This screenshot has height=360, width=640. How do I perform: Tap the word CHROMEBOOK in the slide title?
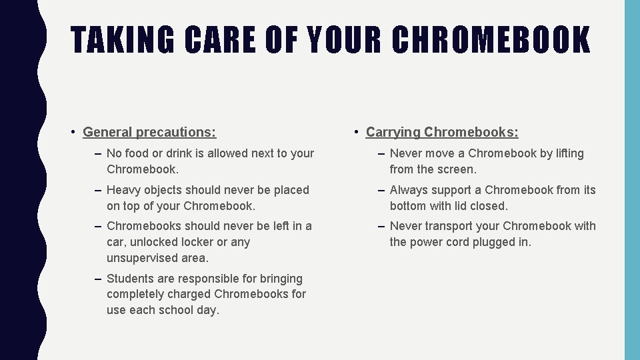pos(491,39)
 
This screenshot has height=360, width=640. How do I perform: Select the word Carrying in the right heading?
pos(393,132)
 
